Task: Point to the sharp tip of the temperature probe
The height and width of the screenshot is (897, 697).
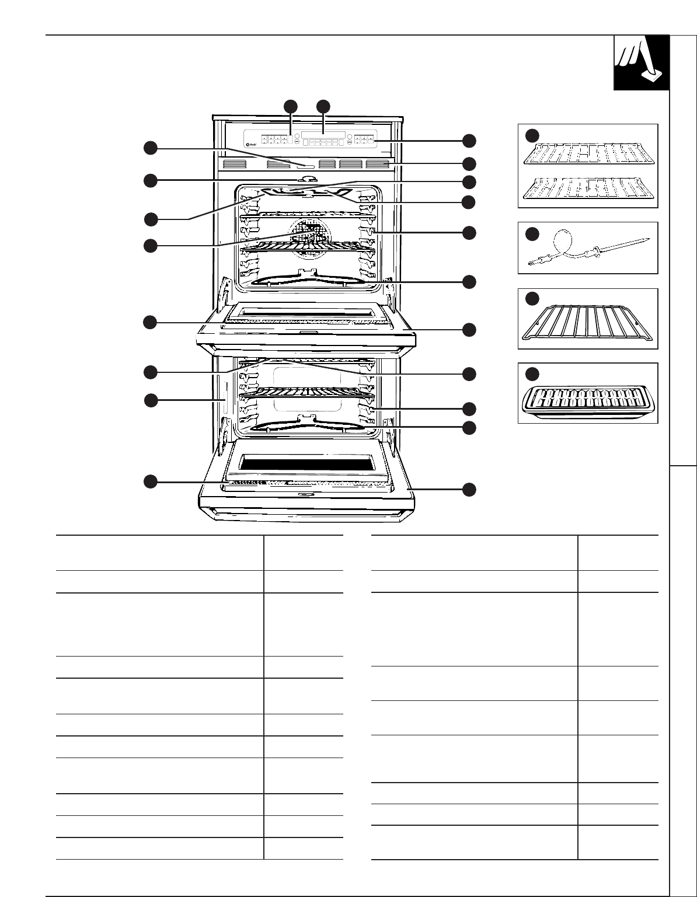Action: pyautogui.click(x=648, y=239)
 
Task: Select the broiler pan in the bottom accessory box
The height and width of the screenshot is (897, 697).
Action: pyautogui.click(x=587, y=401)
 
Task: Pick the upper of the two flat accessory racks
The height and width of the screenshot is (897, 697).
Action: pyautogui.click(x=587, y=153)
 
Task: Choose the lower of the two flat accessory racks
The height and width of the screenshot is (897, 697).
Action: pyautogui.click(x=587, y=188)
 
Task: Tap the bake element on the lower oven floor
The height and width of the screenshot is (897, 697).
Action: pyautogui.click(x=308, y=424)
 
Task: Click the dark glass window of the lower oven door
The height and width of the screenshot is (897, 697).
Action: pyautogui.click(x=307, y=465)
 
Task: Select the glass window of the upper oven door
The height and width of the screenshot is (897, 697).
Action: pyautogui.click(x=307, y=313)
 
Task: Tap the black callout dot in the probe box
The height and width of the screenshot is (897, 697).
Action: pyautogui.click(x=532, y=234)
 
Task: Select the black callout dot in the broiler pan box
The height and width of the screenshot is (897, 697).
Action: pyautogui.click(x=532, y=374)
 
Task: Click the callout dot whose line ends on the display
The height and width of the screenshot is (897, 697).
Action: pyautogui.click(x=323, y=106)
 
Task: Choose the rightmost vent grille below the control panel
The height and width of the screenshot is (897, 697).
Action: pyautogui.click(x=378, y=164)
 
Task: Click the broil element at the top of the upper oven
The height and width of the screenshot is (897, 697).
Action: pyautogui.click(x=308, y=191)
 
